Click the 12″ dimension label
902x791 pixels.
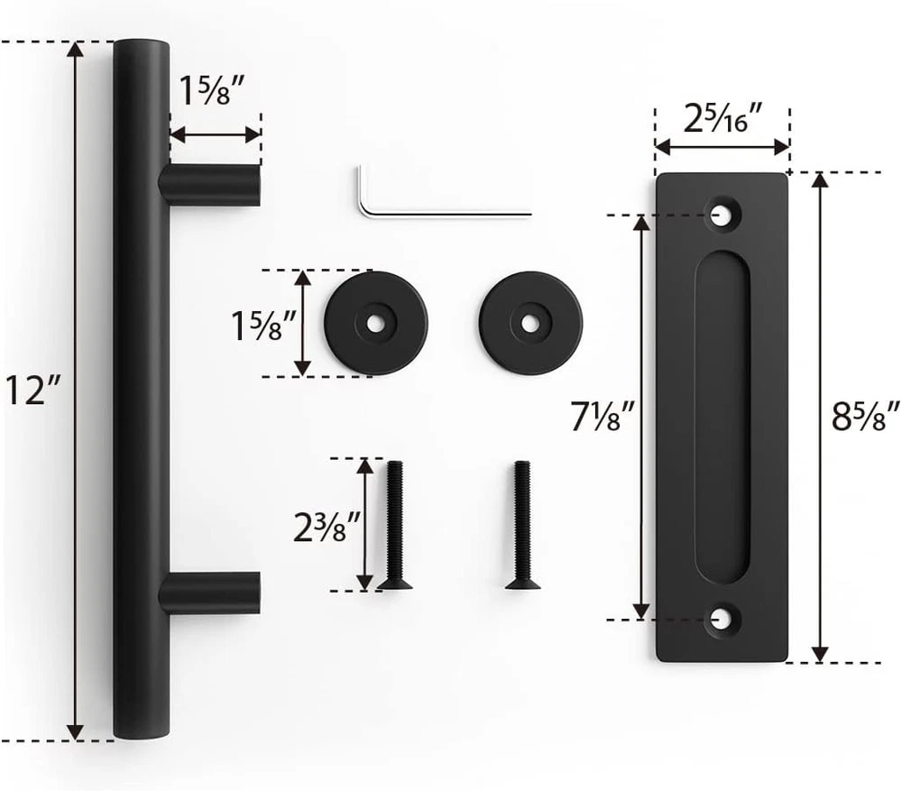coord(32,390)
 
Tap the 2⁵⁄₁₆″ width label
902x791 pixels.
coord(723,119)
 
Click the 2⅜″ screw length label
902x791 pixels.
coord(327,527)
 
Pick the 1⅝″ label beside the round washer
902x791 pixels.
coord(263,325)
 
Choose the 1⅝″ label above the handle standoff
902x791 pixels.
coord(212,90)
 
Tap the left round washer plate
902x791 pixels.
coord(375,323)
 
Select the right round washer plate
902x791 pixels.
coord(530,323)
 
